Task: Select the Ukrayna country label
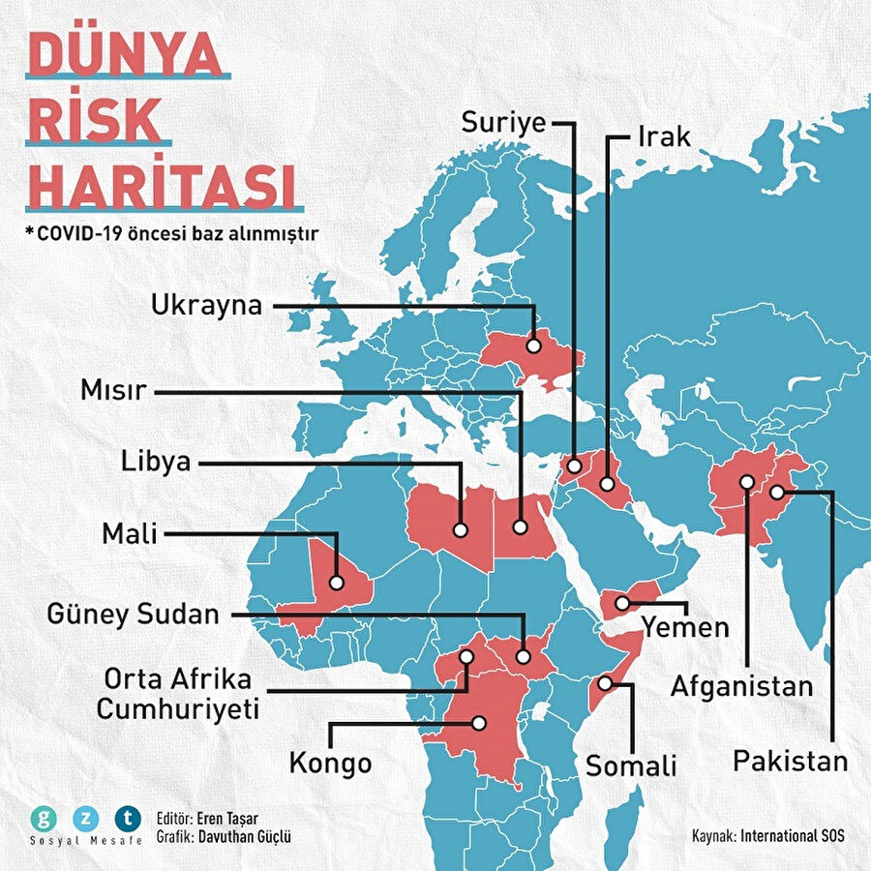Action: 207,306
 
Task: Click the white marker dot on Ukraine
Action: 533,345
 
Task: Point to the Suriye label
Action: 503,123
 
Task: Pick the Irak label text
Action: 663,136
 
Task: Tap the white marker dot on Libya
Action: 460,529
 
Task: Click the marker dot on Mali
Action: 336,583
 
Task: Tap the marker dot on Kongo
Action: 478,722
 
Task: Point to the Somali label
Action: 631,766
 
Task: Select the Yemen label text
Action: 685,627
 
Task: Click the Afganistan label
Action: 742,686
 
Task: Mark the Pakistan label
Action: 790,760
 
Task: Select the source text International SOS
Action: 792,834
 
